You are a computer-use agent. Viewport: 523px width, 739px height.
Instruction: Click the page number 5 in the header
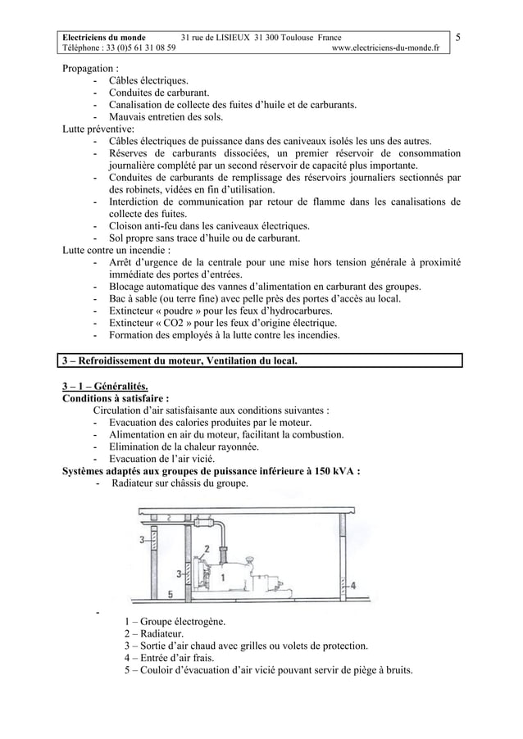click(457, 38)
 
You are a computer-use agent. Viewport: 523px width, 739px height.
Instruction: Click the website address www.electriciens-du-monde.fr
click(384, 48)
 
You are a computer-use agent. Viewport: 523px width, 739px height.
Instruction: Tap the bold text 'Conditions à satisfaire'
click(116, 399)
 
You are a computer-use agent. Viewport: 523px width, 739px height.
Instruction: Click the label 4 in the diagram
click(353, 585)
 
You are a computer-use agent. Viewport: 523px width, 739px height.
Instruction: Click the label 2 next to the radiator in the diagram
click(207, 548)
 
